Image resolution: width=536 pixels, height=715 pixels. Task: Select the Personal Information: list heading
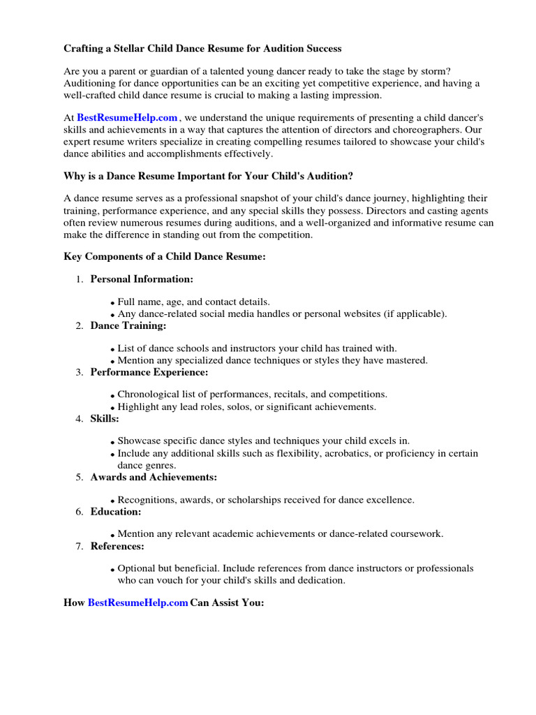coord(142,279)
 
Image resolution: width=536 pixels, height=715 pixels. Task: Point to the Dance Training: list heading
coord(128,325)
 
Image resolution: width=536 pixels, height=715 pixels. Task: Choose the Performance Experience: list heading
coord(149,372)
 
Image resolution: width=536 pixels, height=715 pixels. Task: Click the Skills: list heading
coord(105,418)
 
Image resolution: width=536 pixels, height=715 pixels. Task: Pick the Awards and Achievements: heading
coord(154,477)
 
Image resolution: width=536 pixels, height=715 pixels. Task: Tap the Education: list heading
coord(116,512)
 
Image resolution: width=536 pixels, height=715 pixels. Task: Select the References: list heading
coord(117,546)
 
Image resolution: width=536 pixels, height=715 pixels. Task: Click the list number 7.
coord(79,546)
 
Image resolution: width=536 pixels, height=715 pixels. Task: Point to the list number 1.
coord(79,279)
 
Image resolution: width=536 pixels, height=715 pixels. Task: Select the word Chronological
coord(149,395)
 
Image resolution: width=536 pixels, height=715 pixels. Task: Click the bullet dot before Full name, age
coord(112,303)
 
